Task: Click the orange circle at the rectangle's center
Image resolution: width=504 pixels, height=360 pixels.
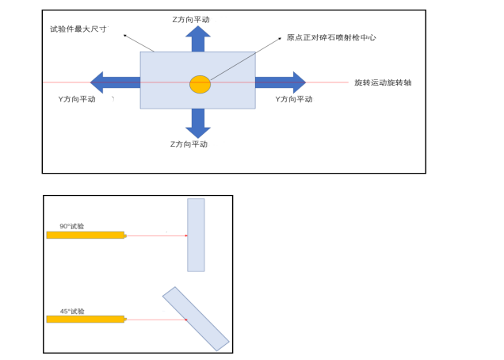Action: [x=200, y=84]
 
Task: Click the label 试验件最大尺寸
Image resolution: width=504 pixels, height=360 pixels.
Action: [x=78, y=29]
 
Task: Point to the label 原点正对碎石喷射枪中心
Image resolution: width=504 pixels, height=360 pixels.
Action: [x=330, y=37]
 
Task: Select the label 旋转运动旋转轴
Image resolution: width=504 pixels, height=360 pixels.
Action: [x=383, y=82]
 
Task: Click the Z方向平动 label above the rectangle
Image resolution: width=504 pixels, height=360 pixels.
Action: [x=191, y=19]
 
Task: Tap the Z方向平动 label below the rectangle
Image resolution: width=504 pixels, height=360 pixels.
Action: [x=189, y=144]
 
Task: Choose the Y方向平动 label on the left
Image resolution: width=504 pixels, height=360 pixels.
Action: [x=77, y=99]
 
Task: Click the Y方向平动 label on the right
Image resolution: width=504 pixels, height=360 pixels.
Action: [x=294, y=99]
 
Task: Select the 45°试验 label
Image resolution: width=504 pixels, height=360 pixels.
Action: [x=72, y=311]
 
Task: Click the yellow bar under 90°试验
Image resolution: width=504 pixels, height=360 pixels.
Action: [x=86, y=235]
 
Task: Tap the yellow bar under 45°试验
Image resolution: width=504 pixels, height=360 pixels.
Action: [x=86, y=319]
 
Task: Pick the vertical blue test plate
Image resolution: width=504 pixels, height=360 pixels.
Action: [x=196, y=235]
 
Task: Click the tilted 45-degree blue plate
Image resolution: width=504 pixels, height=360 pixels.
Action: [x=196, y=319]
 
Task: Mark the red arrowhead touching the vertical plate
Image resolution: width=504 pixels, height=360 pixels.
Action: [x=186, y=236]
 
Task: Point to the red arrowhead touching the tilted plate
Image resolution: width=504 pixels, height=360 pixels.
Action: [x=186, y=320]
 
